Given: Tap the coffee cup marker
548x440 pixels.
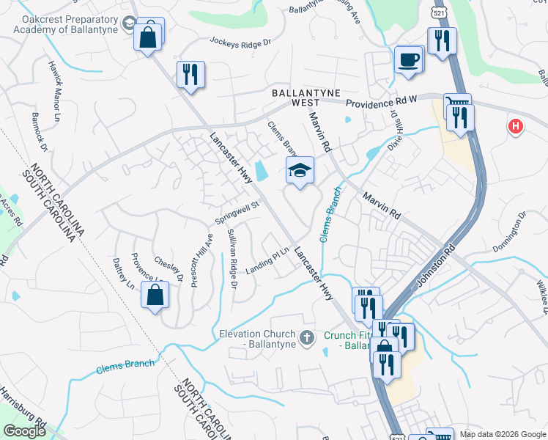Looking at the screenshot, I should pos(409,59).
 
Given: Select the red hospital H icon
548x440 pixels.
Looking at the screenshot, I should pos(516,127).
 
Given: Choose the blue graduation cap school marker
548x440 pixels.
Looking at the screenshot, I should pos(300,172).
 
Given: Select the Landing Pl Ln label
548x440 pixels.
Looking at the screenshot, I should pos(268,263).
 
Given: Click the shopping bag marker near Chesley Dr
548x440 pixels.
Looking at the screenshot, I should pos(155,296).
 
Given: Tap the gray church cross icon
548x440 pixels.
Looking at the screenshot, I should pos(307,337).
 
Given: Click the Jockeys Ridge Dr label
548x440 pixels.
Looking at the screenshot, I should pos(240,42).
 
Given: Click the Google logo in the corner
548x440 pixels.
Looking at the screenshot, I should pos(24,431).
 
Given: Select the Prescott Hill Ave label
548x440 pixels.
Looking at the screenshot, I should pos(201,260).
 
